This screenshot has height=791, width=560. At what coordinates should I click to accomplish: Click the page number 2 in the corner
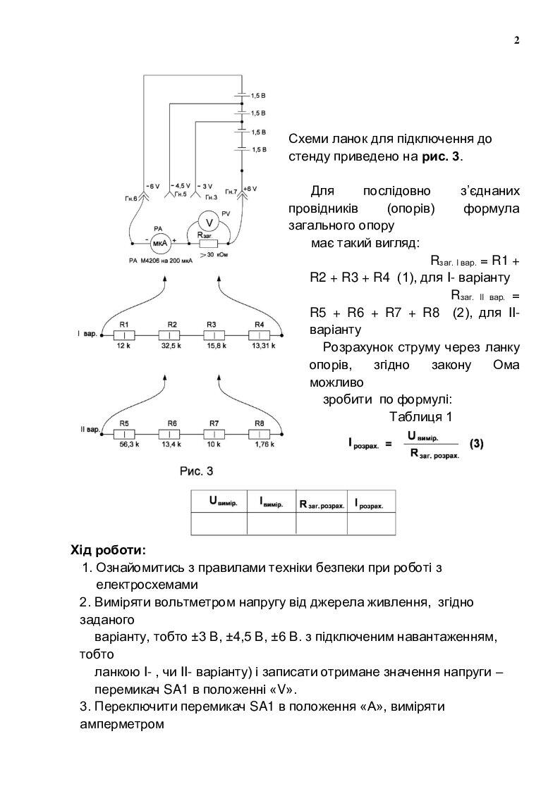pos(516,39)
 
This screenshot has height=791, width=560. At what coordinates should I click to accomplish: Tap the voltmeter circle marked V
pos(208,221)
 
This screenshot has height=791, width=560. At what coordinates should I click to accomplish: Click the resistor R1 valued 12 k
pos(124,336)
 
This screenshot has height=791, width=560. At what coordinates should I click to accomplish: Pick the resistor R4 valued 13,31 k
pos(260,336)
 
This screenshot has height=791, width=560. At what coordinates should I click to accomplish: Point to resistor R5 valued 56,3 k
pos(124,435)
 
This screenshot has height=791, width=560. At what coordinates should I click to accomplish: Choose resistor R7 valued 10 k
pos(214,435)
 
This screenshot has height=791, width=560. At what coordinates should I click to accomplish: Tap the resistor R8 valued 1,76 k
pos(260,435)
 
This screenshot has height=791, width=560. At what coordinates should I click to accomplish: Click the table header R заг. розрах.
pos(322,503)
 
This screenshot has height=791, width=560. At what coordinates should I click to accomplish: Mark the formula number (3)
pos(477,444)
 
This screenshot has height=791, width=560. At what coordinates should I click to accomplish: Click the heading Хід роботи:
pos(109,549)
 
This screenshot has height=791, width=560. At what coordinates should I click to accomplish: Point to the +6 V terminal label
pos(250,189)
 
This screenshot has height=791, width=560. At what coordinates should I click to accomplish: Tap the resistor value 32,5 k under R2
pos(171,347)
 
